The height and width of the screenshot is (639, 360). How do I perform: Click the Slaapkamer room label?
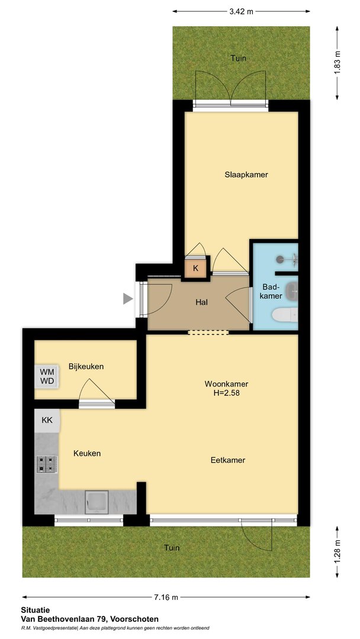pos(246,175)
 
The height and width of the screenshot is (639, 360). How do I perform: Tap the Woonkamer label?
pos(226,384)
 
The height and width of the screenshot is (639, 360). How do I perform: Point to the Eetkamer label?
pos(228,460)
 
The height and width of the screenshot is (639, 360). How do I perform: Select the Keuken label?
pos(87,453)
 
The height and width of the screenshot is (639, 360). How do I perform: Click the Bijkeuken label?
pos(86,366)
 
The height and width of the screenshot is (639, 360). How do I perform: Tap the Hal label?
pos(202,302)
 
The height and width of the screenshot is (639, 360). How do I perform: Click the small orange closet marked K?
pos(196,268)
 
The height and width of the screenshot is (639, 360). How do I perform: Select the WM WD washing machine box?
pos(47,376)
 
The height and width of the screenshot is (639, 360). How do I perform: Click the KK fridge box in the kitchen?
pos(47,420)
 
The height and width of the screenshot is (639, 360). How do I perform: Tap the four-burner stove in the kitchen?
pos(46,464)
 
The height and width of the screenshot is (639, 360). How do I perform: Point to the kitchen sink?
pos(97,502)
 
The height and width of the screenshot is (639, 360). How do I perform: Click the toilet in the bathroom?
pos(285,315)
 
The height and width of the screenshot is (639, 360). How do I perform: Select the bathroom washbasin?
pos(291,290)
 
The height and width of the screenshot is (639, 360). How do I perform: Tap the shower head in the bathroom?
pos(280,259)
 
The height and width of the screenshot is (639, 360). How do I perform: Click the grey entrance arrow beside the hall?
pos(128,299)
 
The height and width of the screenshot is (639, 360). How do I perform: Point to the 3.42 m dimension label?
pos(241,11)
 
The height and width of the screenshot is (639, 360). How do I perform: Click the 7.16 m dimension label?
pos(166,598)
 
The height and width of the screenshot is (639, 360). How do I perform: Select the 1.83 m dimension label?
pos(337,63)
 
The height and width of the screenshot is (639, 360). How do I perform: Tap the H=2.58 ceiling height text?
pos(227,393)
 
